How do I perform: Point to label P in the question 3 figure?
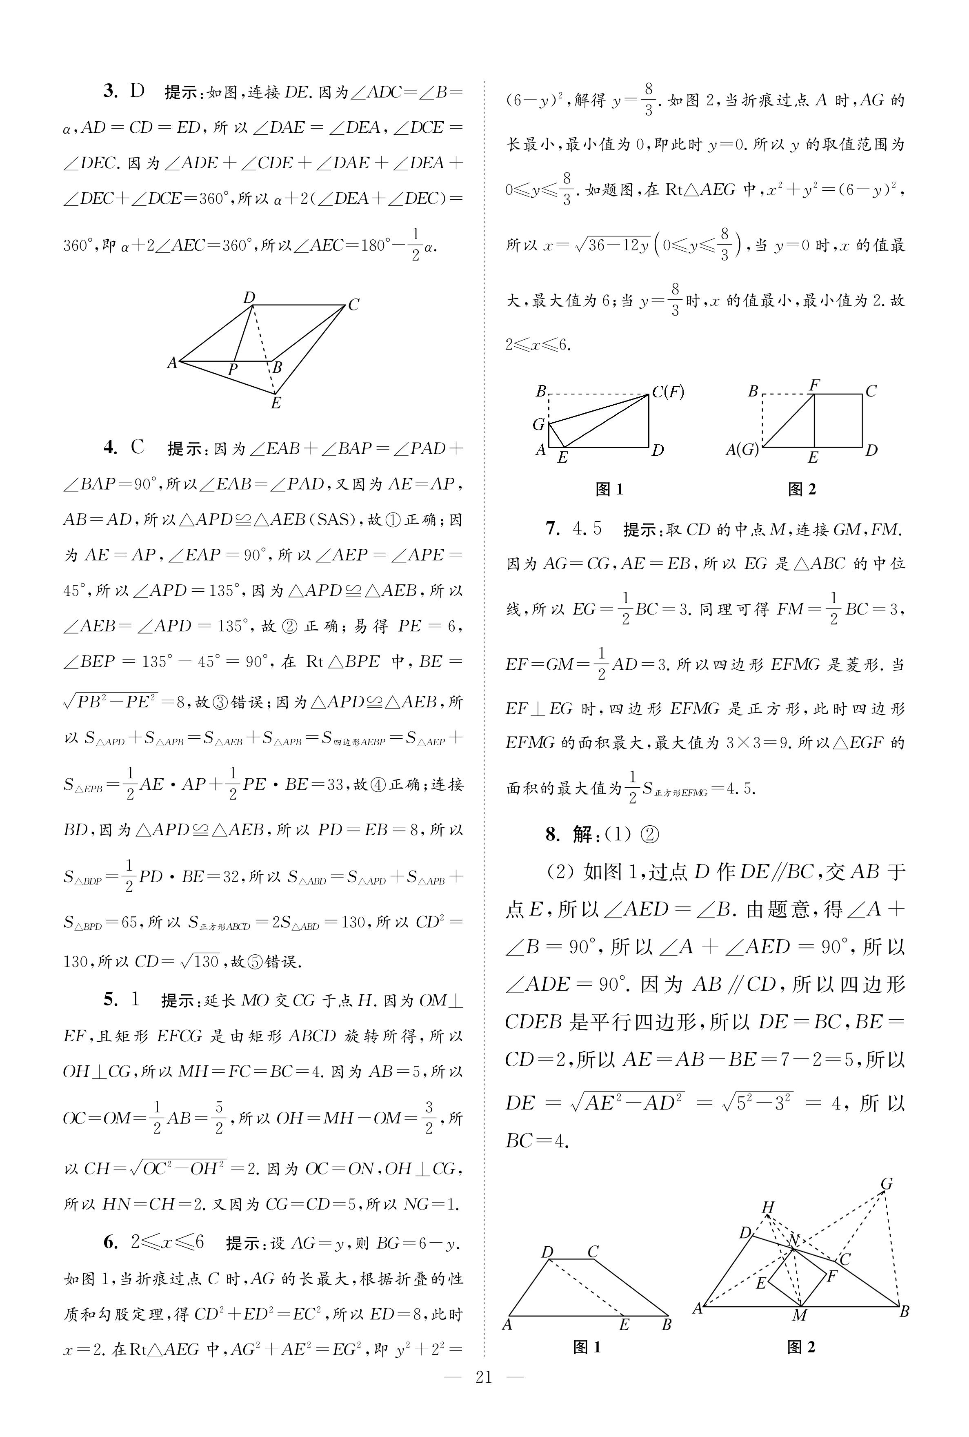pos(232,370)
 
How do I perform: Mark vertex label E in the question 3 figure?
pos(276,403)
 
